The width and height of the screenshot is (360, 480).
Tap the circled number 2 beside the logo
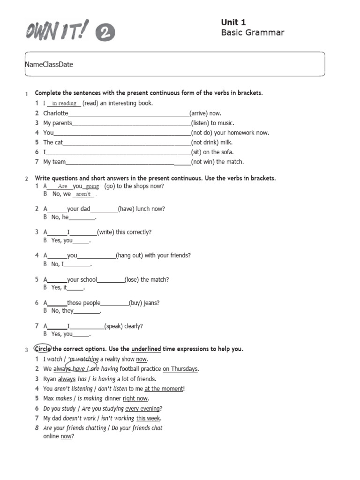(x=105, y=33)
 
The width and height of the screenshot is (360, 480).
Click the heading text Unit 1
(x=233, y=22)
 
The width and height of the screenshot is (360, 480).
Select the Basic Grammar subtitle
(x=252, y=32)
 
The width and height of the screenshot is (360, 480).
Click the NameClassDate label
(x=49, y=64)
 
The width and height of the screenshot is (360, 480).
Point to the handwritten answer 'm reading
(x=65, y=104)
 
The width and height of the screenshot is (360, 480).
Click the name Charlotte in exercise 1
(x=56, y=113)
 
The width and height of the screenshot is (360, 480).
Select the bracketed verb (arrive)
(x=199, y=113)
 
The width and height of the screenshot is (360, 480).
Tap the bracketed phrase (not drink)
(x=205, y=142)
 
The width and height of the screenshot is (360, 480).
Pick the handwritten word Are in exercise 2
(x=63, y=186)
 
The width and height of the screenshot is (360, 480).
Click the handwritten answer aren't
(x=83, y=194)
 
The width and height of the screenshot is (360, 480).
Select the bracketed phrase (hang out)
(x=131, y=255)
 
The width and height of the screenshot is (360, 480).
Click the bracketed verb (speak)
(x=115, y=326)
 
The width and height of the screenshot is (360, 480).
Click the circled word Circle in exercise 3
(x=43, y=349)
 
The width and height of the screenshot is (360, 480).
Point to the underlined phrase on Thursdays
(x=180, y=369)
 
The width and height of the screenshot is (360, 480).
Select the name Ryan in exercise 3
(x=50, y=379)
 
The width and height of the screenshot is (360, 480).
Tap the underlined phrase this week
(x=148, y=418)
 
